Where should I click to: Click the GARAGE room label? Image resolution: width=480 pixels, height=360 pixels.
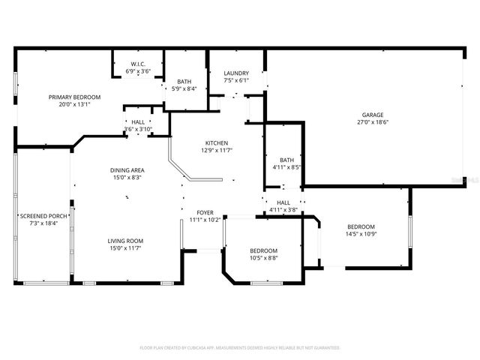click(373, 115)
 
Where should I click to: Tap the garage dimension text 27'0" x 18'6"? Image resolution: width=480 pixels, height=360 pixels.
click(373, 121)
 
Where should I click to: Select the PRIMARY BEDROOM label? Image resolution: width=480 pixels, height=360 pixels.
click(74, 97)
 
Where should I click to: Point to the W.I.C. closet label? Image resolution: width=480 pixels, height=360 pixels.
click(138, 64)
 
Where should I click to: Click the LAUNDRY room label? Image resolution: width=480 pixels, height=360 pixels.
click(236, 73)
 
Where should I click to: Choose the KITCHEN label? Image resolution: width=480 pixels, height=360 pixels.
click(217, 143)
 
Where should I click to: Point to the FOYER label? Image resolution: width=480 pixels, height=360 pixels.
click(205, 213)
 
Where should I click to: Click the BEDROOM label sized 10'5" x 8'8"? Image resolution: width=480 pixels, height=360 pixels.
click(263, 250)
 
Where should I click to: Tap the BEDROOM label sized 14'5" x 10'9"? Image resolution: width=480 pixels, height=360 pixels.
click(361, 226)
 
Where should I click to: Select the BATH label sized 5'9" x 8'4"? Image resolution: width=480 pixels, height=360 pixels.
click(184, 82)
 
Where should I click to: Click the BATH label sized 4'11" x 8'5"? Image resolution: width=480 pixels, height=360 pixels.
click(286, 160)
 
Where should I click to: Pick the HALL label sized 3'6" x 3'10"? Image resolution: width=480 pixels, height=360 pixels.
click(138, 121)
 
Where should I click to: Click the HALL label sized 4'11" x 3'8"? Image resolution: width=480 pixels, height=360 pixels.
click(283, 202)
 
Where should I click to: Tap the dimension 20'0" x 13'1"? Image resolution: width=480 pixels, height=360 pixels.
click(74, 104)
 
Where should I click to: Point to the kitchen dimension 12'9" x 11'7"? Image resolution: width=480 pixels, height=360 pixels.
click(217, 151)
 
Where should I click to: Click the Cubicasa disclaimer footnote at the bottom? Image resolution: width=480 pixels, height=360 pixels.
click(240, 347)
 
